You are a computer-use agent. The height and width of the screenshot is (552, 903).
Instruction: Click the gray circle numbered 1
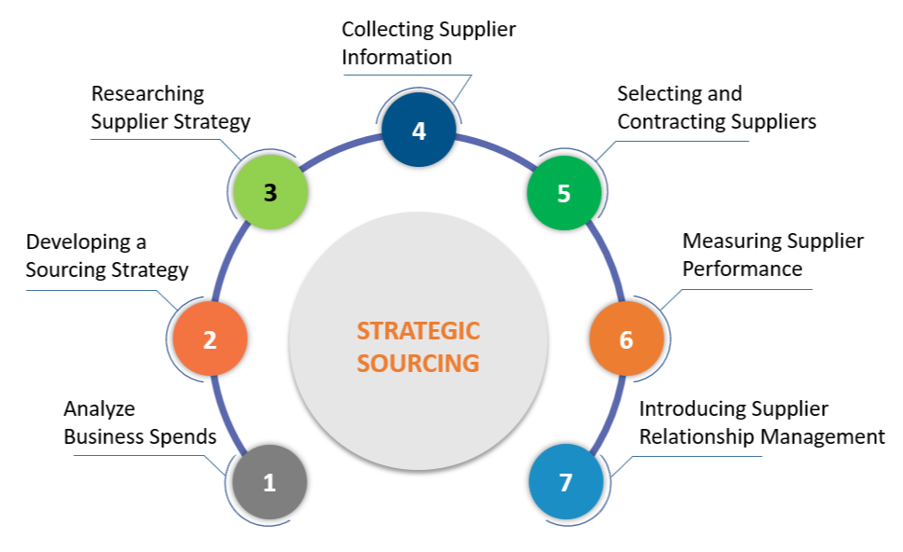pyautogui.click(x=269, y=483)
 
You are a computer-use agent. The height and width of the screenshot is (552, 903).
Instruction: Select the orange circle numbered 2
pyautogui.click(x=210, y=339)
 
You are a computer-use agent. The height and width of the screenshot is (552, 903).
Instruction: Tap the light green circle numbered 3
pyautogui.click(x=269, y=193)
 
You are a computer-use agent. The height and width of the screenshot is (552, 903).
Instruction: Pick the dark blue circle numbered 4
pyautogui.click(x=418, y=131)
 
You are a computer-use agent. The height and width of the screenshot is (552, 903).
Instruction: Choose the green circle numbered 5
pyautogui.click(x=564, y=193)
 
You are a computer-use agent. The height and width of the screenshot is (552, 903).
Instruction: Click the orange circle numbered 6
pyautogui.click(x=626, y=339)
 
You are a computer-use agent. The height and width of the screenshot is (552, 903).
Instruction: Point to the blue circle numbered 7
pyautogui.click(x=566, y=483)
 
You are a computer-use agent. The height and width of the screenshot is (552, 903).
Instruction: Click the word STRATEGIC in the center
pyautogui.click(x=418, y=331)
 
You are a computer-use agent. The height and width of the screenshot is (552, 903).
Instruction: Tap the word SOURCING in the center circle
pyautogui.click(x=418, y=363)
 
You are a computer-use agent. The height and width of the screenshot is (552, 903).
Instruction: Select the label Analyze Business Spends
pyautogui.click(x=140, y=422)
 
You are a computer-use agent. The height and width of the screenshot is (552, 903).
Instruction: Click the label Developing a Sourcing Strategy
pyautogui.click(x=107, y=256)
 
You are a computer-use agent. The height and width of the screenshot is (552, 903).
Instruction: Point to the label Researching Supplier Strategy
pyautogui.click(x=171, y=107)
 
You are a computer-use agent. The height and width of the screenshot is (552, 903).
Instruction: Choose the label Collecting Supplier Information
pyautogui.click(x=429, y=44)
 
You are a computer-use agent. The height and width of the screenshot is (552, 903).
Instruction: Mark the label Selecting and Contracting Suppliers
pyautogui.click(x=717, y=107)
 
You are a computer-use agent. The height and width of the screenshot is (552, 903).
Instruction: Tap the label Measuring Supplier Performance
pyautogui.click(x=773, y=255)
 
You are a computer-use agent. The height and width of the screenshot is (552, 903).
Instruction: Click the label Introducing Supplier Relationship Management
pyautogui.click(x=761, y=422)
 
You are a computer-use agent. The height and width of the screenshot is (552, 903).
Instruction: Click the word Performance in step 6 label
pyautogui.click(x=742, y=269)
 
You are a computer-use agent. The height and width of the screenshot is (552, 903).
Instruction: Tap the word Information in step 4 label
pyautogui.click(x=397, y=58)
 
